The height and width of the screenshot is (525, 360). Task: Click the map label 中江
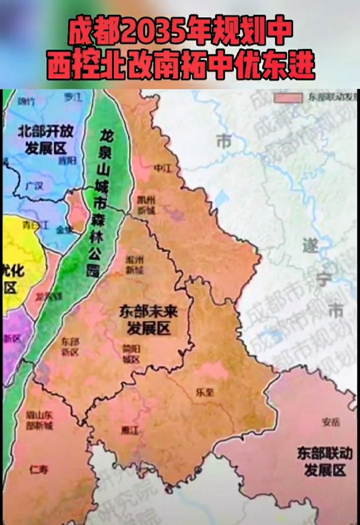(158, 168)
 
